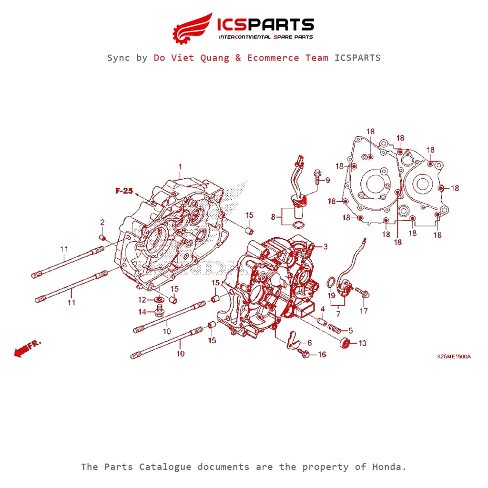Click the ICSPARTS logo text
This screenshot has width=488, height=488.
[x=265, y=24]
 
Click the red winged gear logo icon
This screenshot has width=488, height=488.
[x=192, y=28]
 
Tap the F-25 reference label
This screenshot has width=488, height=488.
[x=123, y=191]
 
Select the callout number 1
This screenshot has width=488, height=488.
[x=180, y=167]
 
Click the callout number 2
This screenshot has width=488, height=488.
[x=102, y=223]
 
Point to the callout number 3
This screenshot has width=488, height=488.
[x=325, y=247]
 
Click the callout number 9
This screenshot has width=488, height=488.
[x=327, y=180]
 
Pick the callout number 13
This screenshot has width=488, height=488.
[x=363, y=343]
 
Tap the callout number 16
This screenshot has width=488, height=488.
[x=322, y=355]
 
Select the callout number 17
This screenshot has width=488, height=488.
[x=364, y=312]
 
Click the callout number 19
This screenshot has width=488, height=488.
[x=331, y=296]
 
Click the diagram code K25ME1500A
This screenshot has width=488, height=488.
[x=454, y=356]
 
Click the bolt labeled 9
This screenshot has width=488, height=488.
[x=316, y=178]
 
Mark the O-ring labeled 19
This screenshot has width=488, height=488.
[x=329, y=285]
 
